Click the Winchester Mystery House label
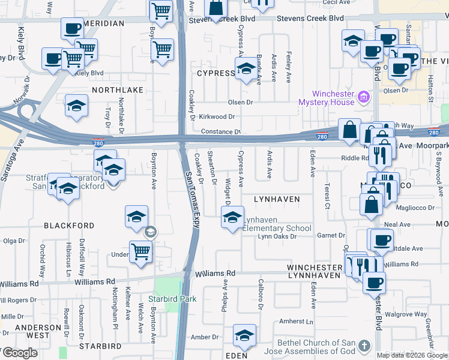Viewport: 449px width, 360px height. click(x=326, y=98)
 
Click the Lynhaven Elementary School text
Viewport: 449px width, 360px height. click(x=277, y=224)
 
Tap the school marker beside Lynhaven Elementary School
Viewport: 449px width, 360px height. click(x=232, y=217)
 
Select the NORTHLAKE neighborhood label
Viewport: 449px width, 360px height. click(x=118, y=89)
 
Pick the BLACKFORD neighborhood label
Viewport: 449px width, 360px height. click(x=69, y=226)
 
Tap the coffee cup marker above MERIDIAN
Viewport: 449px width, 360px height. click(x=72, y=28)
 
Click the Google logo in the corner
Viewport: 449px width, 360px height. click(x=20, y=353)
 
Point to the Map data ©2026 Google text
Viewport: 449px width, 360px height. click(x=412, y=355)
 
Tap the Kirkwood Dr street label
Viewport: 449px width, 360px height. click(x=217, y=116)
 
